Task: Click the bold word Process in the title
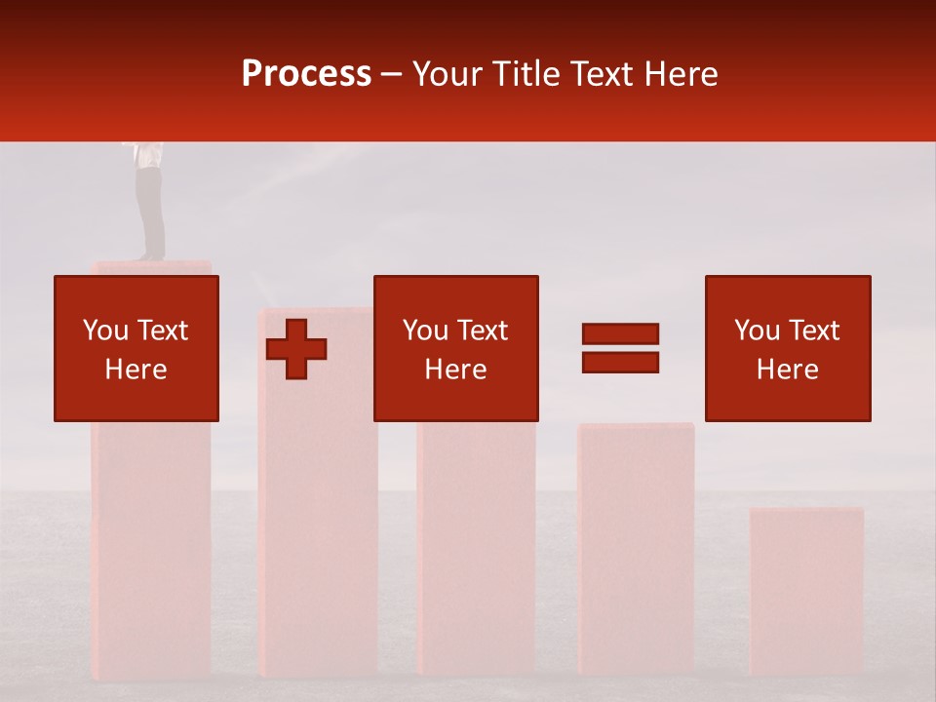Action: point(306,74)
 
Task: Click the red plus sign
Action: point(296,349)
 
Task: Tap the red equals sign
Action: point(620,348)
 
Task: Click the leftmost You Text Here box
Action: point(136,348)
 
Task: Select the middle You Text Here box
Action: point(456,348)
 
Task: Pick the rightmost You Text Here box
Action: point(788,348)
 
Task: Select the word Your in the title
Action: point(448,74)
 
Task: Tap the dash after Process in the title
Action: point(392,74)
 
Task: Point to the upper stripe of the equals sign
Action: point(620,333)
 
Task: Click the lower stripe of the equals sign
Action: point(620,362)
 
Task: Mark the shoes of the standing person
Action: point(150,256)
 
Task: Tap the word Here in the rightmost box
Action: point(788,370)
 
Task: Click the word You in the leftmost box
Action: point(105,331)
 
